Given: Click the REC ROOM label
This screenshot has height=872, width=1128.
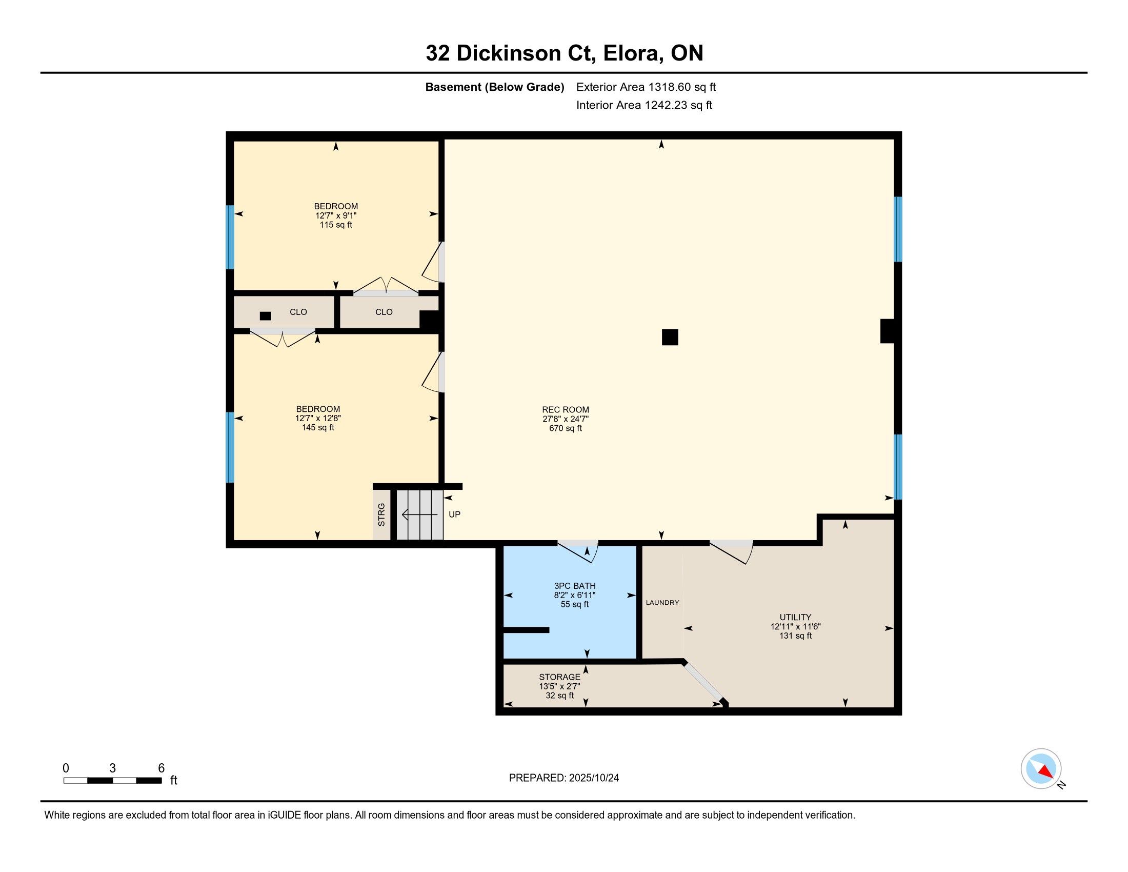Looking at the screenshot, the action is [566, 410].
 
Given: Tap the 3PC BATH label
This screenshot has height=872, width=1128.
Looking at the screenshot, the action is [575, 586].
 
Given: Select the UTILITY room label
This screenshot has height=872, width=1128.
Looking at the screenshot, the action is [795, 617].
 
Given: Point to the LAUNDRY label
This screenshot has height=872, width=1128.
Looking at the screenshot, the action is [662, 602].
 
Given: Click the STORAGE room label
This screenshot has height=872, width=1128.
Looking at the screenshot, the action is [560, 677].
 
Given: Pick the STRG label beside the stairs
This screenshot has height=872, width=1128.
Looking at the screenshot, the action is [381, 514].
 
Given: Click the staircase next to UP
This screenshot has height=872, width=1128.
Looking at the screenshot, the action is [419, 514].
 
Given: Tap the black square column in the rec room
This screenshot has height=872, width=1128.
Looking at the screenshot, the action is [670, 338].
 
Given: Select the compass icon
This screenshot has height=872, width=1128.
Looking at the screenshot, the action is [1041, 769].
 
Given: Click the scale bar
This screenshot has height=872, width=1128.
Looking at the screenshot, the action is [113, 781].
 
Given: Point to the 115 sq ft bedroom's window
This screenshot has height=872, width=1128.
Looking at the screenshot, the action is [230, 237].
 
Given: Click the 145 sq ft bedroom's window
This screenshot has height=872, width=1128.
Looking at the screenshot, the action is [230, 447].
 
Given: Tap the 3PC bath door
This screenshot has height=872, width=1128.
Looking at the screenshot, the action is [578, 551].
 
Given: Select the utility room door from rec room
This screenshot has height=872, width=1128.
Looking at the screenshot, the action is [731, 552].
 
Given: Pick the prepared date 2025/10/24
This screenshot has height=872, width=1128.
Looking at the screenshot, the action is [593, 778].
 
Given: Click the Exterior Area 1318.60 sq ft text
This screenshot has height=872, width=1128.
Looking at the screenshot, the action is [646, 87].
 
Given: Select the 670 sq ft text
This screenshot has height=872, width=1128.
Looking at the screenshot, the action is [566, 428].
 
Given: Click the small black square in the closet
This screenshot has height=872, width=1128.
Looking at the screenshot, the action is [266, 316].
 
